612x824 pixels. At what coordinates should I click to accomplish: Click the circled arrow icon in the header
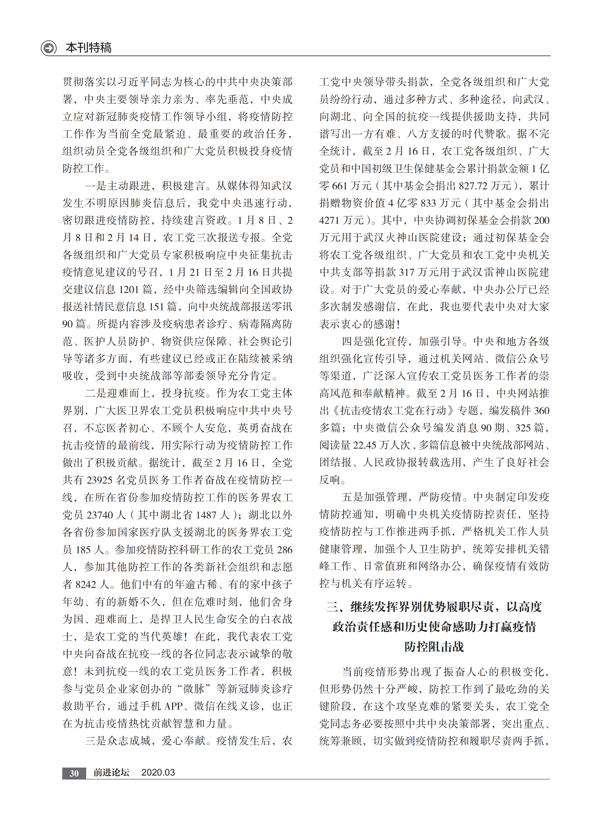(x=48, y=48)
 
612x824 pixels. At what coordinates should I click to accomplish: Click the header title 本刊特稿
(x=88, y=48)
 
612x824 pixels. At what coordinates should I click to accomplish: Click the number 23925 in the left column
(x=99, y=480)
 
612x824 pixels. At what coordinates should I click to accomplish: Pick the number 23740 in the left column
(x=99, y=515)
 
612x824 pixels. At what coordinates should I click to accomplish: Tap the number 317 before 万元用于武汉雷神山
(x=406, y=272)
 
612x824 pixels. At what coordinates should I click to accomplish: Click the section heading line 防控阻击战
(x=434, y=647)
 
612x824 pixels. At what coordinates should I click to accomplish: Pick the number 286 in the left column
(x=285, y=550)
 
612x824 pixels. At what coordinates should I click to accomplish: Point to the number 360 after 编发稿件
(x=541, y=411)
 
